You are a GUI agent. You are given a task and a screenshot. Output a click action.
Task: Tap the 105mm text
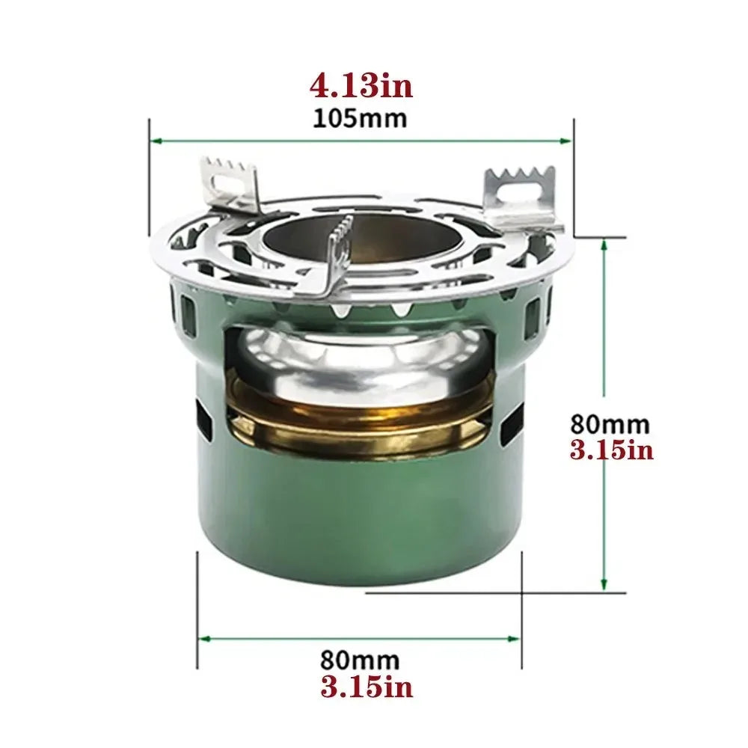pos(361,118)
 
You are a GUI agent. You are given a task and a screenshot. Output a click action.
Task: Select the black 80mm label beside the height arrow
pos(610,424)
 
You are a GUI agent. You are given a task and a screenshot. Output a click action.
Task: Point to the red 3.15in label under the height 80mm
pos(612,451)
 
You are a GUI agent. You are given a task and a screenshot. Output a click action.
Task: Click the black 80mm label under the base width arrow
pos(360,660)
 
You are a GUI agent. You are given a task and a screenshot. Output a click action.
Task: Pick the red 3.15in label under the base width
pos(367,687)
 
